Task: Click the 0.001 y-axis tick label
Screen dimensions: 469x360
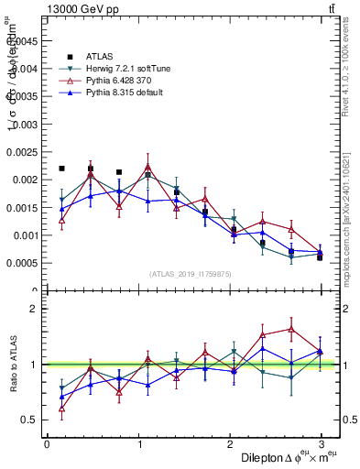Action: (25, 235)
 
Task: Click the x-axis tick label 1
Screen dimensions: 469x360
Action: (138, 444)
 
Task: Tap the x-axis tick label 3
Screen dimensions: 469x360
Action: (321, 444)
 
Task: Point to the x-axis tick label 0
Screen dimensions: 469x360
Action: (47, 444)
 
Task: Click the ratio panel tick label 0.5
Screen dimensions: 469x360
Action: (29, 420)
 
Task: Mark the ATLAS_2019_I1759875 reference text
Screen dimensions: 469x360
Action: (190, 273)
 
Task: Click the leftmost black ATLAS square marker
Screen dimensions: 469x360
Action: (61, 169)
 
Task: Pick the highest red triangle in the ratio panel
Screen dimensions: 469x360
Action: (291, 329)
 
